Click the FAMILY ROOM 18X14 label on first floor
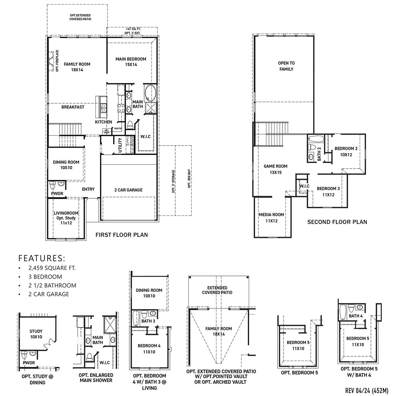[77, 67]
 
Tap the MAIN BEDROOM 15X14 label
[131, 62]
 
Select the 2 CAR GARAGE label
[128, 190]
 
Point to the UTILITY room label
[120, 146]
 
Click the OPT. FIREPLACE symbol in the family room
[52, 61]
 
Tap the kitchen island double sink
[104, 108]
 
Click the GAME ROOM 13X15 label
[276, 169]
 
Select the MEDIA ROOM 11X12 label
[271, 217]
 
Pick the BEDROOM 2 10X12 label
[346, 151]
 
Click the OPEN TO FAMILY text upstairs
[286, 66]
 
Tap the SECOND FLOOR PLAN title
[337, 222]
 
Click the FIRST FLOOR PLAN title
[121, 235]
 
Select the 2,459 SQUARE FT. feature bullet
[52, 268]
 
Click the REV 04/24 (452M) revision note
[366, 390]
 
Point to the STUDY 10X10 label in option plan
[36, 334]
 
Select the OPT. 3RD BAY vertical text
[189, 180]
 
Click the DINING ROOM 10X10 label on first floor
[66, 165]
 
